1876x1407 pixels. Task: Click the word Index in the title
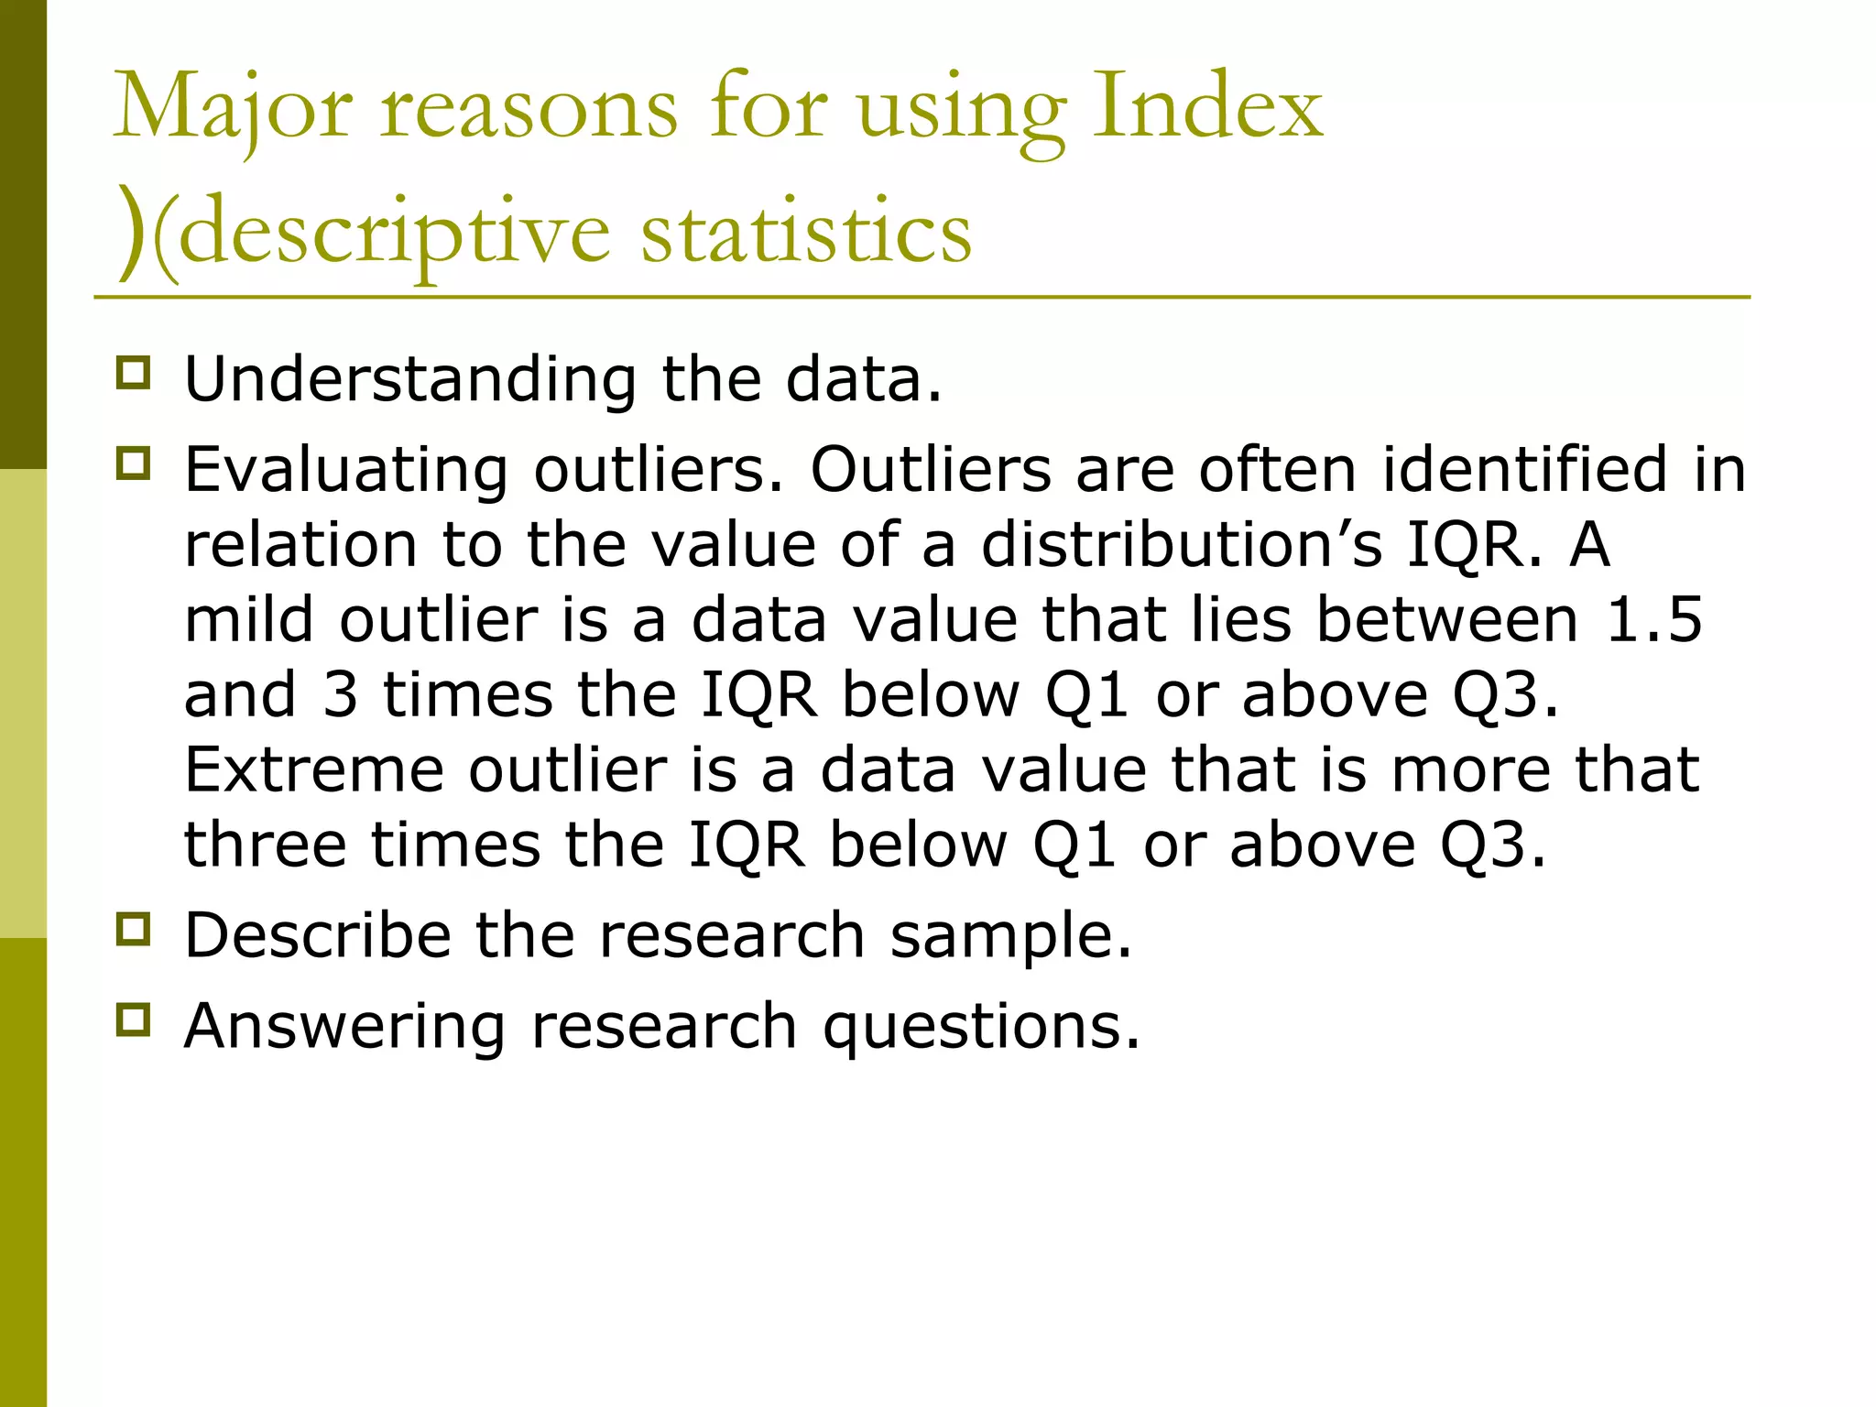coord(1207,108)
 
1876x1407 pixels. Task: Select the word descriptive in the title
coord(394,234)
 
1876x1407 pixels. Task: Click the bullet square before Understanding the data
coord(134,374)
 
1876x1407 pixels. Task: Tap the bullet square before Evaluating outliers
coord(134,464)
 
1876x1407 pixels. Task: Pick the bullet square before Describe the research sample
coord(134,929)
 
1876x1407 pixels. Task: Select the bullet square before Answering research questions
coord(134,1019)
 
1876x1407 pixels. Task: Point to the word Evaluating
coord(345,469)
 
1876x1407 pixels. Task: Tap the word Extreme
coord(313,769)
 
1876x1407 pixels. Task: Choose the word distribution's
coord(1182,544)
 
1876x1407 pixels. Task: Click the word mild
coord(249,619)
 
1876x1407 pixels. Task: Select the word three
coord(266,844)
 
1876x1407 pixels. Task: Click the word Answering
coord(344,1025)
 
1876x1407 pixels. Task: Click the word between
coord(1447,619)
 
